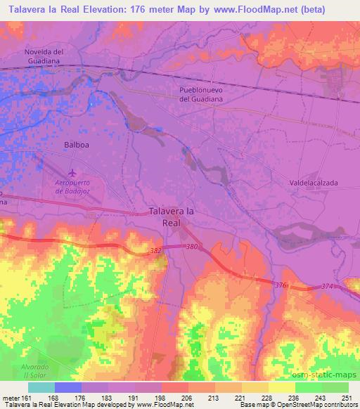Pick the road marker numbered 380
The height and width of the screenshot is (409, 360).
point(192,246)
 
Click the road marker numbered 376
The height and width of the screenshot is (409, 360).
point(281,284)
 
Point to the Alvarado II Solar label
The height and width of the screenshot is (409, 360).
point(24,372)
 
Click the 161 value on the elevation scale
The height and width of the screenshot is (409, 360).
point(20,397)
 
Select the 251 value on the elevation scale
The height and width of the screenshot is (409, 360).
point(344,397)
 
